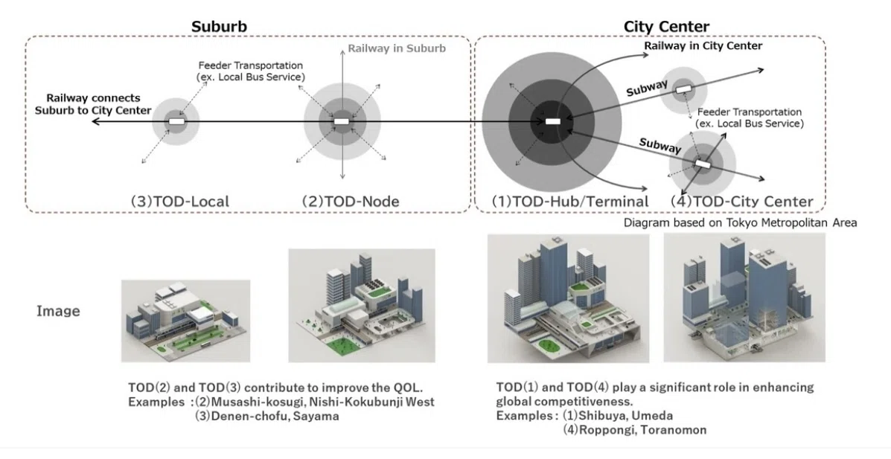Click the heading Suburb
219,27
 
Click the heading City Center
666,27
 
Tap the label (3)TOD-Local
179,201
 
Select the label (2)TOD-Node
350,201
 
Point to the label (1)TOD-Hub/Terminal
570,201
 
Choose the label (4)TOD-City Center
741,201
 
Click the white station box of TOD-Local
176,121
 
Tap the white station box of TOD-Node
341,121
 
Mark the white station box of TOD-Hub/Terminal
553,121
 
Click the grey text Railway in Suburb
397,48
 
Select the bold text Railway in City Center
703,45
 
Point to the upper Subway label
647,88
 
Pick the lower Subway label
660,145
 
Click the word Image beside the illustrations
58,311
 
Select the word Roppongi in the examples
606,430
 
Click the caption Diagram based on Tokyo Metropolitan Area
741,222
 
